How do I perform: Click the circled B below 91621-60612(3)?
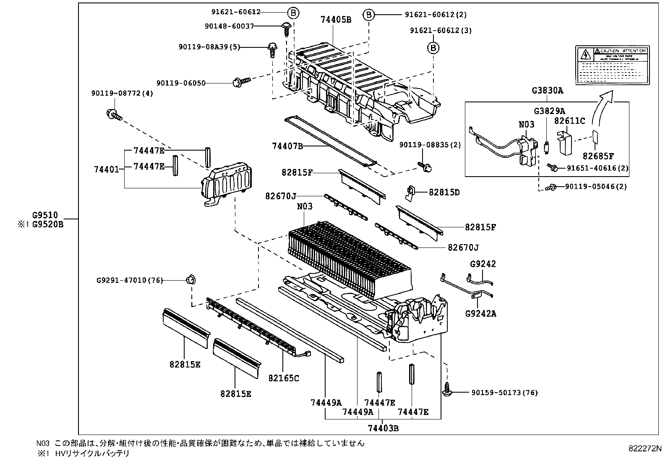click(433, 48)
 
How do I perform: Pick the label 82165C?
click(284, 378)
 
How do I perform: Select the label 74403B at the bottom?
click(383, 428)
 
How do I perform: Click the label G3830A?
click(548, 90)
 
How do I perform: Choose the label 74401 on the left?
click(106, 169)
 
